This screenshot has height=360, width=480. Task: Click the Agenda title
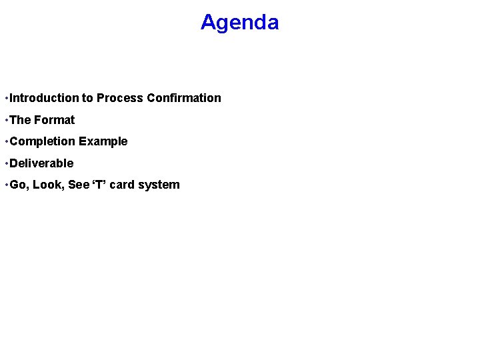click(x=239, y=23)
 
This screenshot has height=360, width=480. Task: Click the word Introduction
click(x=44, y=98)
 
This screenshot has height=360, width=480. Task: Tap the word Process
click(x=120, y=98)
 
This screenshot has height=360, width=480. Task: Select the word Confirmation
click(x=184, y=98)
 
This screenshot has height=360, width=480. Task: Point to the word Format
click(x=55, y=120)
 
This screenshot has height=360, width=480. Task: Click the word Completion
click(x=43, y=141)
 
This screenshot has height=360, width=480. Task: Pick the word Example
click(x=103, y=141)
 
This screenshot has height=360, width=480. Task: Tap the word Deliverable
click(x=42, y=163)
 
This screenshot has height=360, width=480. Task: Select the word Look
click(x=47, y=185)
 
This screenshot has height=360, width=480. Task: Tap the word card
click(x=121, y=185)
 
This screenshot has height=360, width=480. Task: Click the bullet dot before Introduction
click(x=6, y=99)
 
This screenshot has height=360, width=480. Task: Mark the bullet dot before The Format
click(x=6, y=121)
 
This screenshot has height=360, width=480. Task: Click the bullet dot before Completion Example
click(x=6, y=142)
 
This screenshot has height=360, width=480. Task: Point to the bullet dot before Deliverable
click(x=6, y=164)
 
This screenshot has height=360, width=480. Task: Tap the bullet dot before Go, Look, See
click(x=6, y=185)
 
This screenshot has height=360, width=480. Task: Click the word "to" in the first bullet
click(x=87, y=98)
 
